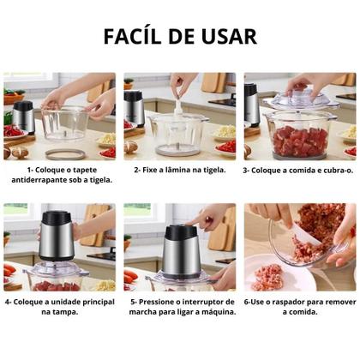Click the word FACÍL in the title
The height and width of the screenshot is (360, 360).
137,36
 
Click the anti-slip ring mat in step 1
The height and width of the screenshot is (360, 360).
65,153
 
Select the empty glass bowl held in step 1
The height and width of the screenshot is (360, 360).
65,123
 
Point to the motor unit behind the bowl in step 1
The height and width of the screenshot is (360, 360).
24,117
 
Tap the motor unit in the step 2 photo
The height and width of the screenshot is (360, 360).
135,107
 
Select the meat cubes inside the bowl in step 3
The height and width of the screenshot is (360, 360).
297,139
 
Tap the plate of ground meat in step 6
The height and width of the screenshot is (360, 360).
272,277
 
